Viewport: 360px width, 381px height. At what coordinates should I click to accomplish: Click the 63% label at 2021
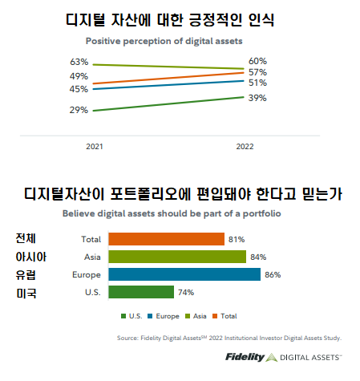[79, 62]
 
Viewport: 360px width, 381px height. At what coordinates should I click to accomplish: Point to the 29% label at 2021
[79, 110]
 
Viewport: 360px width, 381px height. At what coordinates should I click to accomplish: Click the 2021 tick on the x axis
[95, 147]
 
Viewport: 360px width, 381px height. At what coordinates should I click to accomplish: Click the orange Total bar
[166, 239]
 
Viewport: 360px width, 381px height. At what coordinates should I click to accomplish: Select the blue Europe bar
[184, 274]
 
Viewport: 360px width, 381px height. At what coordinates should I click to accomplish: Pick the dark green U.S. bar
[141, 292]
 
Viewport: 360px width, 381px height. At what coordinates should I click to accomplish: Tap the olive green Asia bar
[177, 257]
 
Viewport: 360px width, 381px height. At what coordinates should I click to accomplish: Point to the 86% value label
[273, 274]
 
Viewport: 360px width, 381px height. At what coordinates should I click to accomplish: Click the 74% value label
[185, 292]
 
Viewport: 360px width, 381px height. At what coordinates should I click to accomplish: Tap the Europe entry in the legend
[164, 316]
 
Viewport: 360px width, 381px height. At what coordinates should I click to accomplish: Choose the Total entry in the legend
[226, 316]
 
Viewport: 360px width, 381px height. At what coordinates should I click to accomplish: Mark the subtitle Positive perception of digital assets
[152, 40]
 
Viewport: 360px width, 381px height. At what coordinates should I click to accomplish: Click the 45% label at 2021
[79, 89]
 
